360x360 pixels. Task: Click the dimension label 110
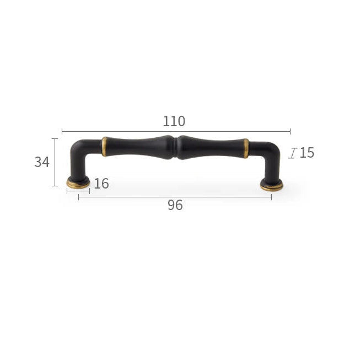(174, 121)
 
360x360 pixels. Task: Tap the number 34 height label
(42, 162)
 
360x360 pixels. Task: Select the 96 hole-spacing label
(175, 205)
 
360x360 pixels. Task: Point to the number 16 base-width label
(101, 184)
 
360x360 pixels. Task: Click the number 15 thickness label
(307, 153)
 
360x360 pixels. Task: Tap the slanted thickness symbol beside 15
(293, 153)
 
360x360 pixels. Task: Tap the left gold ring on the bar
(104, 147)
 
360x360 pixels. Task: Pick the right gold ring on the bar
(246, 148)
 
